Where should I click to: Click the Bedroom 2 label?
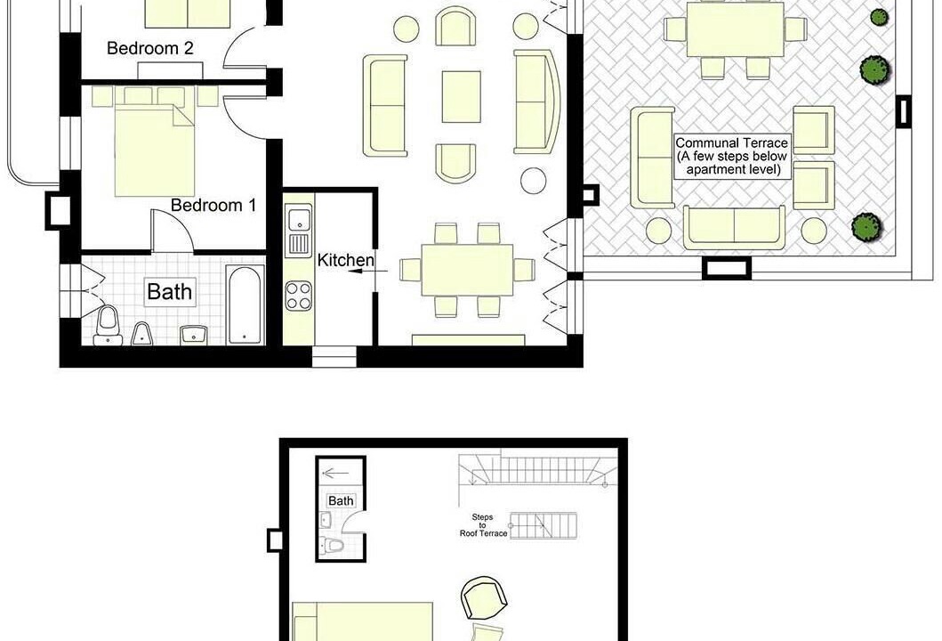coord(150,49)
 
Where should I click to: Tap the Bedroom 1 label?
coord(213,205)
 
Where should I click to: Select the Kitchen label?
coord(345,260)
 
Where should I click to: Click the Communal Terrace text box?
coord(732,157)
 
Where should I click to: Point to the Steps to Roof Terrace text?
coord(484,525)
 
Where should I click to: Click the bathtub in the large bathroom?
coord(245,304)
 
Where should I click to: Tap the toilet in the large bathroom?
coord(109,325)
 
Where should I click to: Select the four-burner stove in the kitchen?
coord(299,296)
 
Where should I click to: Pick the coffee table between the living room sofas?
coord(462,97)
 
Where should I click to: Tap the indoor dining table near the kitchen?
coord(467,270)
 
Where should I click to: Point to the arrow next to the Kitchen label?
coord(368,272)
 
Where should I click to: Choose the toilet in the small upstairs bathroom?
coord(331,546)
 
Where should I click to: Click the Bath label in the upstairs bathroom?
coord(341,501)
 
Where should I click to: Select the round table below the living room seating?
coord(534,181)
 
